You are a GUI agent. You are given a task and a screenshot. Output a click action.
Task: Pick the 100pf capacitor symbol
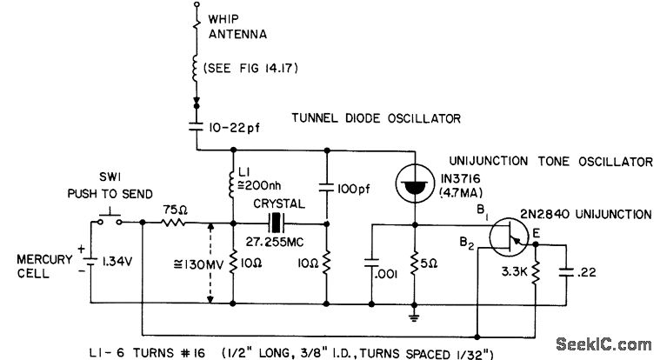click(x=328, y=185)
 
